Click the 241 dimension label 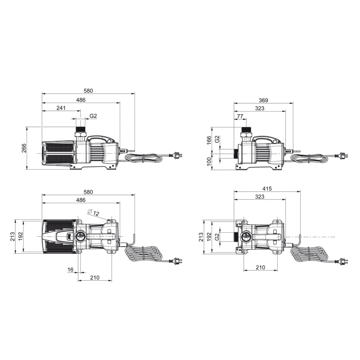[x=61, y=108]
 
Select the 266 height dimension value [x=24, y=148]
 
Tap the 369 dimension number [x=263, y=100]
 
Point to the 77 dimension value [x=240, y=117]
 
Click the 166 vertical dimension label [x=209, y=140]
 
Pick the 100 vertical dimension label [x=209, y=162]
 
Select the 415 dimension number [x=267, y=189]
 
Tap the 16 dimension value [x=71, y=270]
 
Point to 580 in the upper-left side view [x=88, y=91]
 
